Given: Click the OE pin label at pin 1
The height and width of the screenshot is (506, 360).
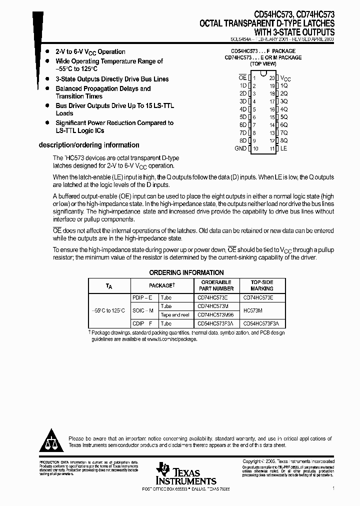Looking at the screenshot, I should [242, 78].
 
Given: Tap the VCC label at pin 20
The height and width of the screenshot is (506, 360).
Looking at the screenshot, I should [284, 78].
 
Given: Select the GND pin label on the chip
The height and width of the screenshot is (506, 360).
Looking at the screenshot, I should [240, 148].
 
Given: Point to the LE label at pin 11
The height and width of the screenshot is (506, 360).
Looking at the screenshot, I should [283, 148].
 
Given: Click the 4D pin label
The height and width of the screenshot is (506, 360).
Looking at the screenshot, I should [243, 109].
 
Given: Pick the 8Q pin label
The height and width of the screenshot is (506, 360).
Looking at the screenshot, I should [284, 140].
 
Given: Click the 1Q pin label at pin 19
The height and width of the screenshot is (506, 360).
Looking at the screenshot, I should [284, 85].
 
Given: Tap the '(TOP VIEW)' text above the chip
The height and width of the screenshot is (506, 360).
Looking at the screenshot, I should [263, 64].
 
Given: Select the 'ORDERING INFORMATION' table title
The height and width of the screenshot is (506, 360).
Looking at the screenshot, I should [186, 272].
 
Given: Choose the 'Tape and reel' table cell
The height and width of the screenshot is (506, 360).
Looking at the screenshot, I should [174, 315].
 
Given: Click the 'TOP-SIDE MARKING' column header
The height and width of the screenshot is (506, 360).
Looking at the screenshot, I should [262, 285].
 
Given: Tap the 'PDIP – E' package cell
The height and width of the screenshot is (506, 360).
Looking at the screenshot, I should [141, 297].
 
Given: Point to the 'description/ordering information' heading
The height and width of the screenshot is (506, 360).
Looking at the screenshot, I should [89, 145].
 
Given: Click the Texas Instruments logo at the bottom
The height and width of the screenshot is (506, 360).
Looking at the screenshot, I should [185, 473].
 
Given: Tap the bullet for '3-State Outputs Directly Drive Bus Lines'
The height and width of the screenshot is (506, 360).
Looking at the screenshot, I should [46, 79].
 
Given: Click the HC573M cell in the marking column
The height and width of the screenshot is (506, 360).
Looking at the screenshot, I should [253, 310].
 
